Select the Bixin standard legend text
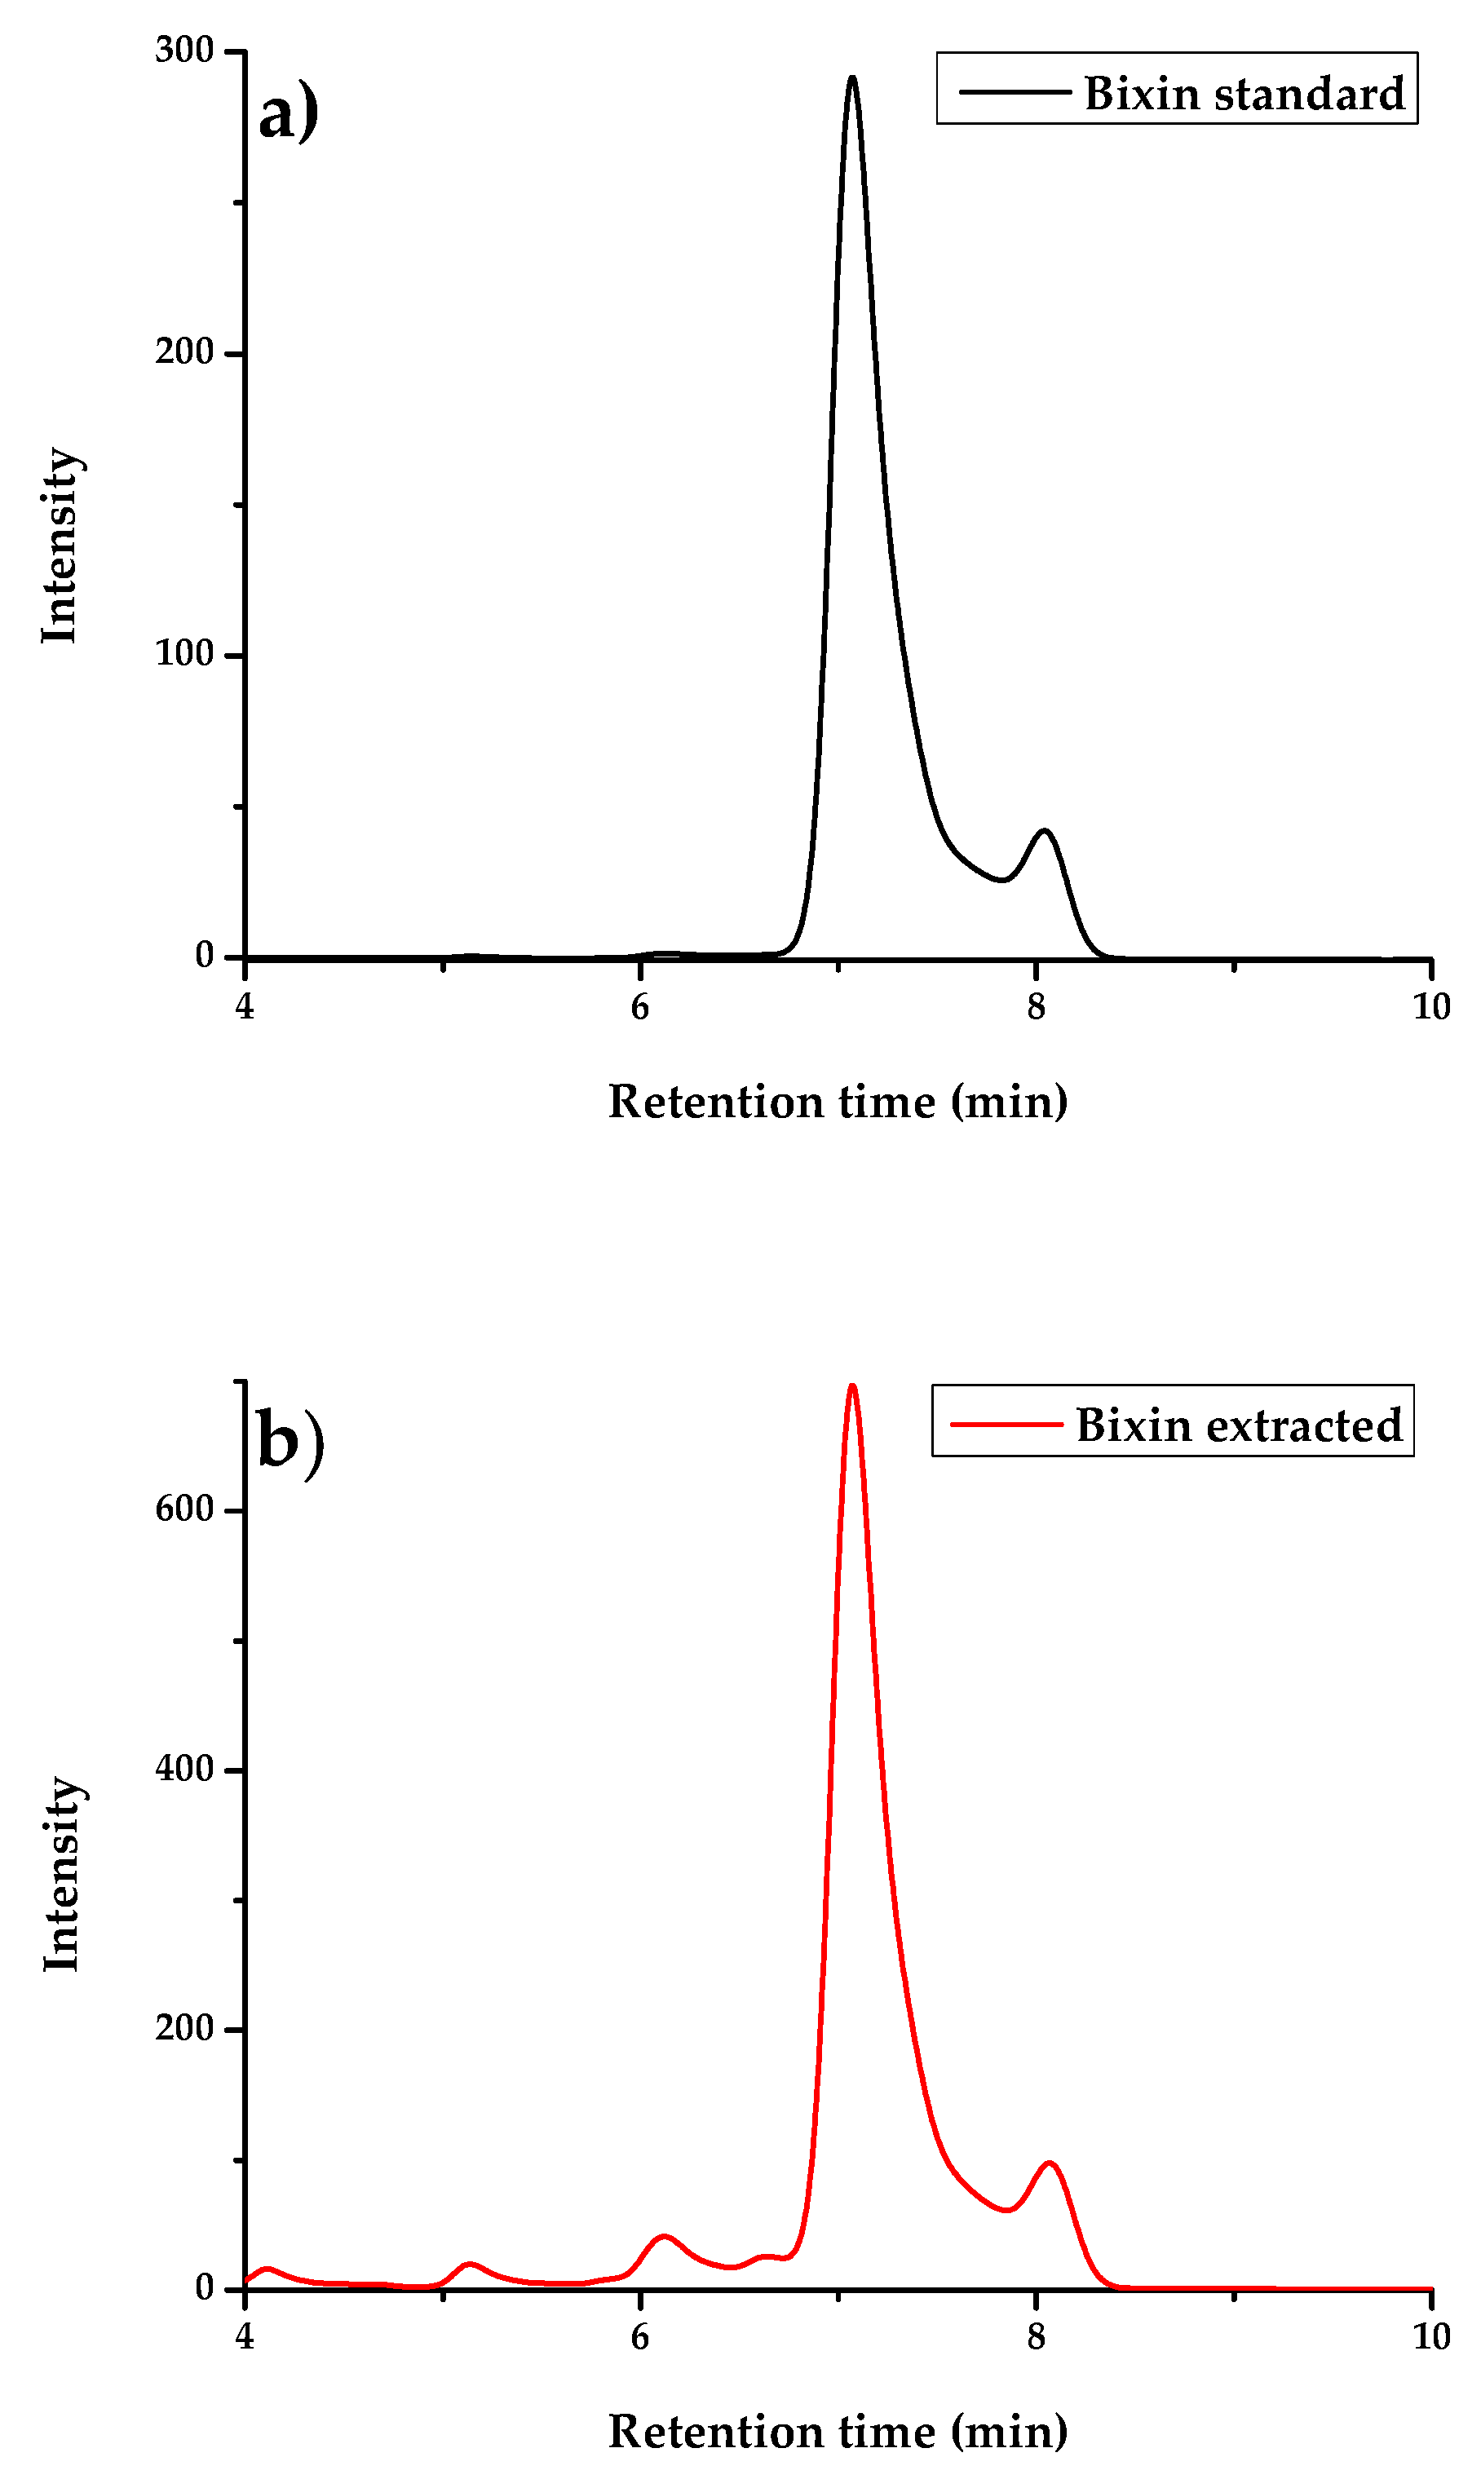click(1244, 94)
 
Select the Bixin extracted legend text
click(1239, 1425)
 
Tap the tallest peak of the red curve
click(851, 1386)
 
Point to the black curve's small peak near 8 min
click(1044, 831)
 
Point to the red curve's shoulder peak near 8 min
click(1048, 2163)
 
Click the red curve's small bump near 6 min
click(664, 2237)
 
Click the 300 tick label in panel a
click(184, 50)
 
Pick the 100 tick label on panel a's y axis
click(184, 653)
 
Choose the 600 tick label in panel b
click(184, 1509)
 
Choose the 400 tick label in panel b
click(184, 1769)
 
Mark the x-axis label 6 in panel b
click(639, 2336)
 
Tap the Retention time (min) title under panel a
click(838, 1103)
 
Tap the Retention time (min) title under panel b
click(838, 2432)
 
